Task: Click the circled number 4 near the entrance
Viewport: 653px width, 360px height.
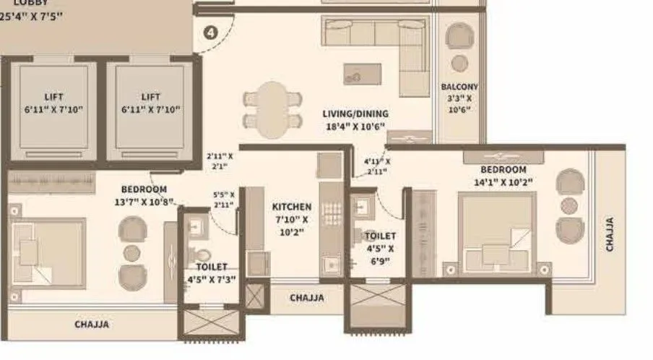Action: pyautogui.click(x=210, y=33)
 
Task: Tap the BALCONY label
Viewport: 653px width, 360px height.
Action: pyautogui.click(x=459, y=87)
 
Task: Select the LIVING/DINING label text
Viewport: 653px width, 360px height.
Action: pyautogui.click(x=355, y=113)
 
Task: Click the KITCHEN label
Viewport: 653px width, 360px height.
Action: pyautogui.click(x=292, y=207)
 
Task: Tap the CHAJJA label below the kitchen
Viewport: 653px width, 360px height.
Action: pyautogui.click(x=307, y=297)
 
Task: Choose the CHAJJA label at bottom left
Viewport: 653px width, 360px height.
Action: pyautogui.click(x=92, y=325)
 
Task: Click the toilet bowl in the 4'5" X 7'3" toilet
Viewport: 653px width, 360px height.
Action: pyautogui.click(x=203, y=254)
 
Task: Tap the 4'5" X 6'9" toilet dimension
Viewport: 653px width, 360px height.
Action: pyautogui.click(x=379, y=254)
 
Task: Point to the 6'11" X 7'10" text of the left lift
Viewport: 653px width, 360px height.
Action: pyautogui.click(x=53, y=110)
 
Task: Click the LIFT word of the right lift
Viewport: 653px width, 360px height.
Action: pyautogui.click(x=151, y=97)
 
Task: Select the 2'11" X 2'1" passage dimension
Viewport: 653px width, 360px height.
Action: pyautogui.click(x=220, y=160)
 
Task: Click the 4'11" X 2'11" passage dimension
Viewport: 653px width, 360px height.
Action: pyautogui.click(x=376, y=166)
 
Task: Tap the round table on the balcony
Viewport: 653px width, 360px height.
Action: pyautogui.click(x=459, y=63)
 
